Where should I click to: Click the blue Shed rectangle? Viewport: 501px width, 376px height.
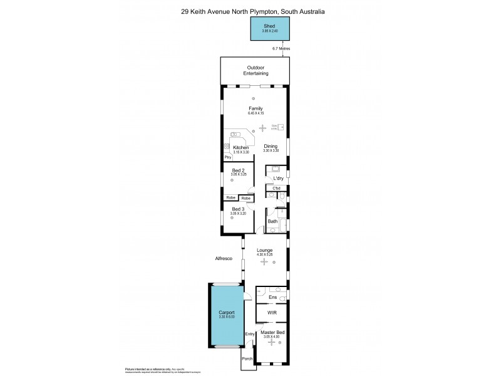(x=271, y=28)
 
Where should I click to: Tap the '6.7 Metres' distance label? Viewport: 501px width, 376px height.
(x=281, y=48)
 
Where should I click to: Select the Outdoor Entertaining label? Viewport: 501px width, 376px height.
(x=256, y=70)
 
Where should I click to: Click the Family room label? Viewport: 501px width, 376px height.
(x=256, y=108)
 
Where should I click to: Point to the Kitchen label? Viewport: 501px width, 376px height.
(x=241, y=148)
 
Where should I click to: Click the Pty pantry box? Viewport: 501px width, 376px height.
(x=229, y=157)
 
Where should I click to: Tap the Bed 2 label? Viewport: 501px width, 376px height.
(x=238, y=171)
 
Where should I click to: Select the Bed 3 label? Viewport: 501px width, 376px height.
(x=238, y=209)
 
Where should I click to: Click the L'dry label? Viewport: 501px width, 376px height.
(x=278, y=179)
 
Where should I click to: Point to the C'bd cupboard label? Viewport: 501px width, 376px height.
(x=276, y=188)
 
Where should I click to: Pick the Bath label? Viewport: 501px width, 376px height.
(x=273, y=221)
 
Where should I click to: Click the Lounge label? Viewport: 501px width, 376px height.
(x=265, y=250)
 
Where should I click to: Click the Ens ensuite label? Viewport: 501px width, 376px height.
(x=273, y=297)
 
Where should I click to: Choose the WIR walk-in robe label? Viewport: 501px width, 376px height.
(x=272, y=312)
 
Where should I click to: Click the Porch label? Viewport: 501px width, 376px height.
(x=248, y=360)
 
